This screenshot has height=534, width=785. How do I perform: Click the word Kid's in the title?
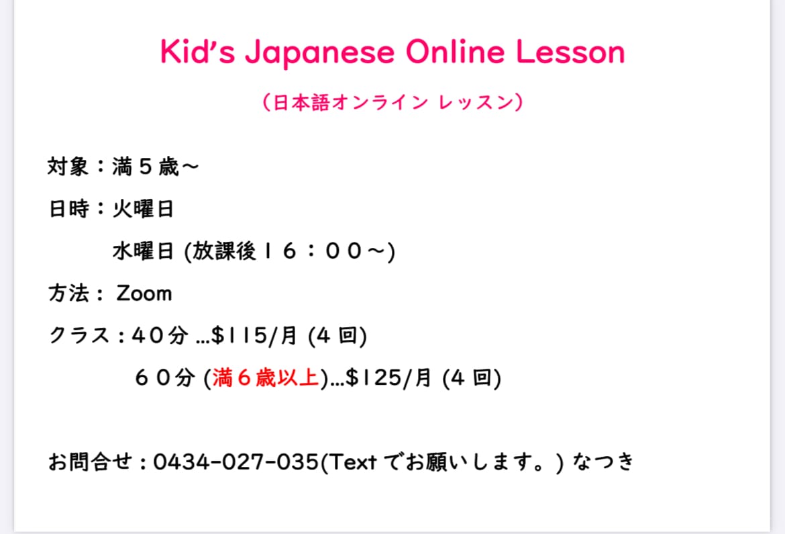[x=197, y=51]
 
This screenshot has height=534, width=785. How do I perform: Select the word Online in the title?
[x=455, y=51]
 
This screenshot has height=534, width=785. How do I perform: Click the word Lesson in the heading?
[x=570, y=51]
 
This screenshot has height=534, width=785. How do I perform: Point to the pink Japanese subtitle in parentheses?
[x=392, y=102]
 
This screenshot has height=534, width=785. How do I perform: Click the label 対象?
[x=68, y=167]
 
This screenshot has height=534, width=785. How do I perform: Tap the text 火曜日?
[x=143, y=209]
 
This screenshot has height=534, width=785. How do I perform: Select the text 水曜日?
[x=143, y=251]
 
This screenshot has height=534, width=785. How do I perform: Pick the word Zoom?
[x=144, y=294]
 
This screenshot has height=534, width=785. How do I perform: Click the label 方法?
[x=68, y=294]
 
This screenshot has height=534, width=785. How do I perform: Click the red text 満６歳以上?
[x=266, y=377]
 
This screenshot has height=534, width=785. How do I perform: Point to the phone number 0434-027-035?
[x=235, y=462]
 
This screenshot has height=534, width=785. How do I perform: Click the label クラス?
[x=79, y=335]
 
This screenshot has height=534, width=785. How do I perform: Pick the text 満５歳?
[x=146, y=167]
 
